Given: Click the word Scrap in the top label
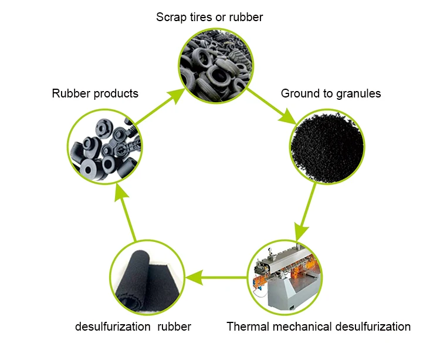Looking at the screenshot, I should click(x=171, y=17).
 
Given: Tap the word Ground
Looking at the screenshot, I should click(x=299, y=93).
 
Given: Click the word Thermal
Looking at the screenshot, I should click(x=246, y=327).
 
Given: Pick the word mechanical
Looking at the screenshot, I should click(x=301, y=327).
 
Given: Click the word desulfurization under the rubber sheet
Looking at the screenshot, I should click(x=112, y=327).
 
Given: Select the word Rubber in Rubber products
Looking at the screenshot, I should click(x=70, y=93).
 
